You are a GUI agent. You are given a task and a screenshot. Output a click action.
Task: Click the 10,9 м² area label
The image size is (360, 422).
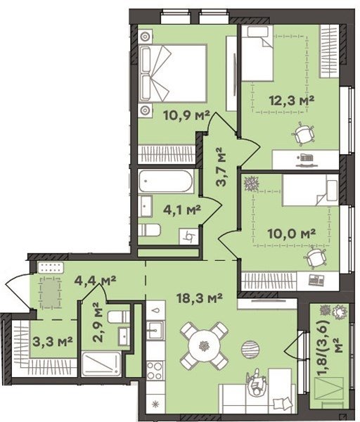(186, 116)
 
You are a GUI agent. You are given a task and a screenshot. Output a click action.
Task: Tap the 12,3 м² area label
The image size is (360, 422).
(292, 101)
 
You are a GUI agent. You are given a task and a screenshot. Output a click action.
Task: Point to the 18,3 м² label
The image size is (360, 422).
(199, 298)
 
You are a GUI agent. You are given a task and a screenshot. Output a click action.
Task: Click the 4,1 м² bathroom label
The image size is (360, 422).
(182, 210)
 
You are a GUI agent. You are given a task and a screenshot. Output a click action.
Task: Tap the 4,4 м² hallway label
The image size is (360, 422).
(95, 281)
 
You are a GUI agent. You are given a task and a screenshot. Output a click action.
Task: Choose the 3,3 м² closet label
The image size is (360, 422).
(53, 342)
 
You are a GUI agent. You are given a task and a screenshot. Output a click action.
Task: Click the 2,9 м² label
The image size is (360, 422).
(97, 322)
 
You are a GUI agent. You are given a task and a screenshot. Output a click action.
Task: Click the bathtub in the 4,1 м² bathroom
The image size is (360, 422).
(166, 181)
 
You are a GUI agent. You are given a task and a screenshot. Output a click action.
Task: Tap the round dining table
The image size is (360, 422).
(205, 345)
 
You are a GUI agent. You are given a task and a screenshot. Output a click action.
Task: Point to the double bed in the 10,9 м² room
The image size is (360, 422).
(172, 73)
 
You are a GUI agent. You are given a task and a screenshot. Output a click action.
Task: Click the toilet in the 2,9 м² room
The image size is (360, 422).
(119, 316)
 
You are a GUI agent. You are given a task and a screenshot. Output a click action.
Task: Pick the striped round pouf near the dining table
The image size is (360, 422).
(250, 349)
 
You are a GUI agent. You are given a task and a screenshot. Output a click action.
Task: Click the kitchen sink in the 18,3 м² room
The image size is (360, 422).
(155, 329)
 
